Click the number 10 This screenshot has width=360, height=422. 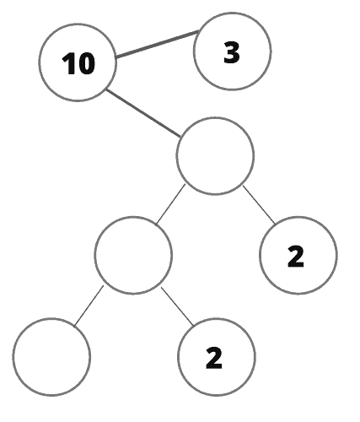tap(78, 63)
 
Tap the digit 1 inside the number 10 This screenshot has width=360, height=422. tap(67, 63)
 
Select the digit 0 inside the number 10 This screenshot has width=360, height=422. tap(85, 63)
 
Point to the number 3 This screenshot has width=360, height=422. tap(232, 52)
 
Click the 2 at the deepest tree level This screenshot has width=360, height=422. tap(214, 358)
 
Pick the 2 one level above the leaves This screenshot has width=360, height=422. tap(296, 256)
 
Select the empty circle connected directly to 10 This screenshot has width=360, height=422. tap(215, 156)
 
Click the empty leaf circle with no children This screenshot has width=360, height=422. tap(51, 357)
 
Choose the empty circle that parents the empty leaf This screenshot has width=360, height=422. tap(133, 255)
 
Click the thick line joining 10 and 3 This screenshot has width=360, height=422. tap(158, 44)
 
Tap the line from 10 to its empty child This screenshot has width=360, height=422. tap(143, 113)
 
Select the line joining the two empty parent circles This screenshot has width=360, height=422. tap(170, 204)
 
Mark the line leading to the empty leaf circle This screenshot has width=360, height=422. tap(89, 306)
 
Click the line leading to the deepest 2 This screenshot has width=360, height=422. tap(177, 306)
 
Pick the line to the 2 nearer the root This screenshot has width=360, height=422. tap(260, 205)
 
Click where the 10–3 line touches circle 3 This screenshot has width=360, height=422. tap(200, 30)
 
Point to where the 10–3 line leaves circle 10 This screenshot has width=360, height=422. tap(116, 57)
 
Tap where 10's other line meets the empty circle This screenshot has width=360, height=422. tap(180, 137)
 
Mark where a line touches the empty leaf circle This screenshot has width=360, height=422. tap(74, 327)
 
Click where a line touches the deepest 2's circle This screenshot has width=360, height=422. tap(193, 326)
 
